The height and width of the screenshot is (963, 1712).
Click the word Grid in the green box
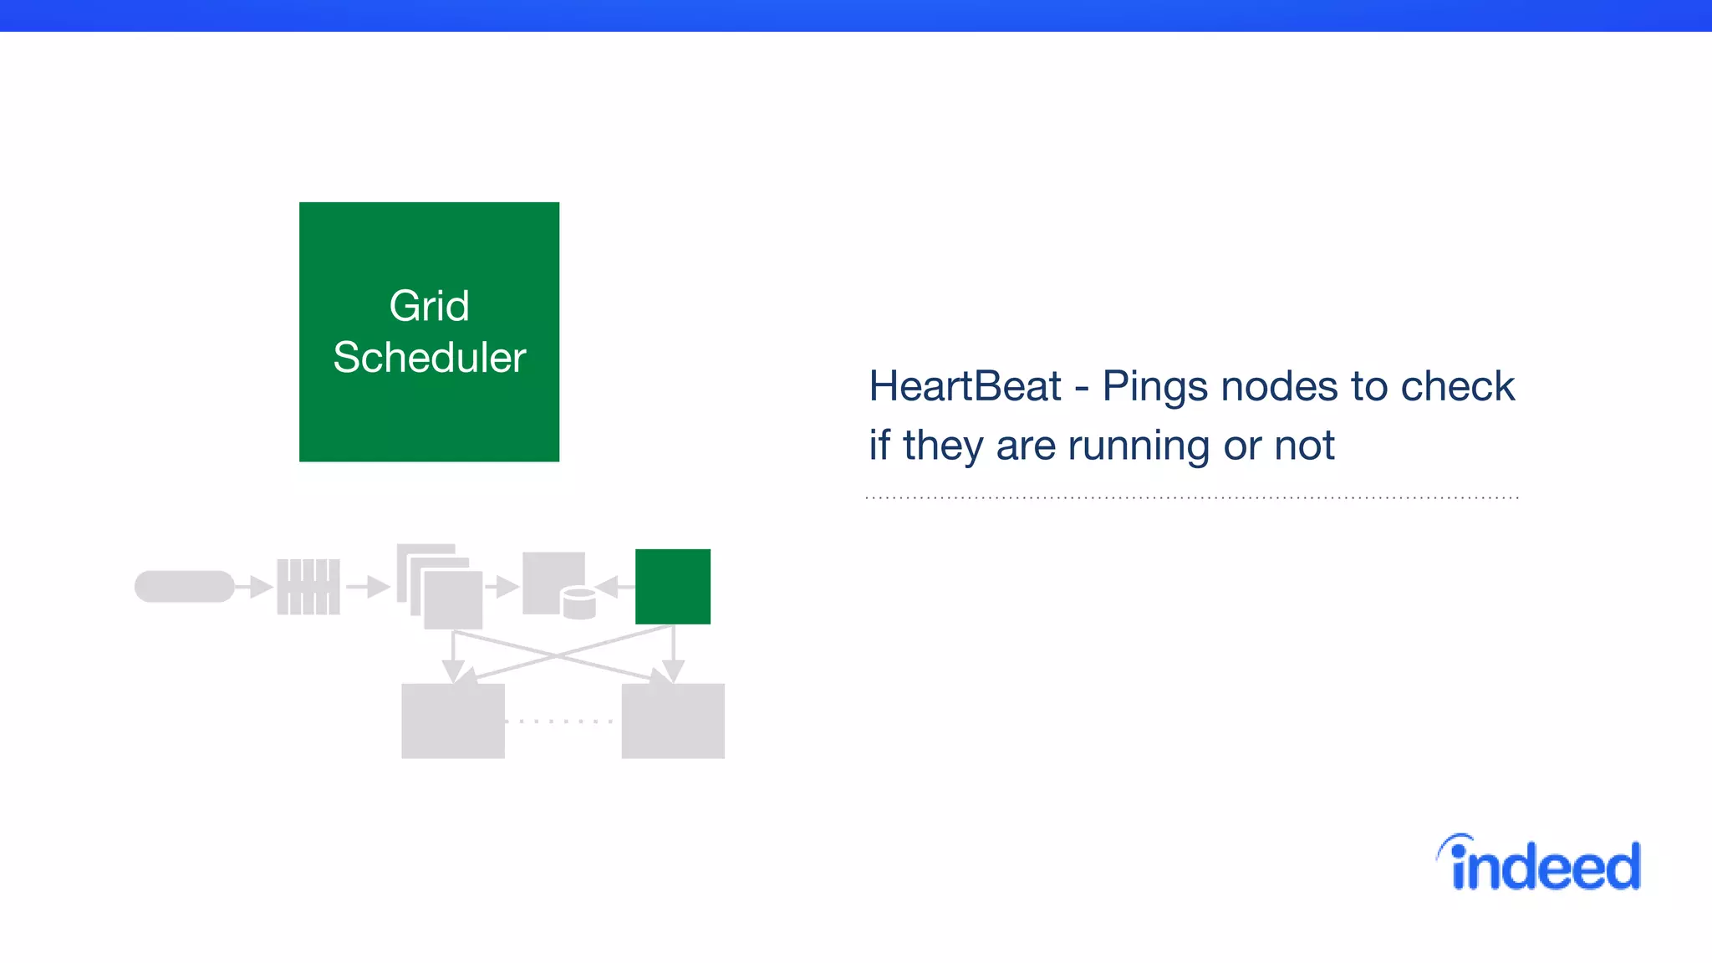point(429,306)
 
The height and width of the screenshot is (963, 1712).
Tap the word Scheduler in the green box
point(429,358)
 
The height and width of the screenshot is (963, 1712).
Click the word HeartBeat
point(965,386)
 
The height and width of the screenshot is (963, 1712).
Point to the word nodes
point(1279,387)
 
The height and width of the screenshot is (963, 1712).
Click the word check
point(1457,386)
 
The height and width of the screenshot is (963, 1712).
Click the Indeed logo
point(1540,864)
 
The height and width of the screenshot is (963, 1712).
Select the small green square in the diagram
point(673,587)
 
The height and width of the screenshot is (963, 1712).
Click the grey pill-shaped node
point(185,587)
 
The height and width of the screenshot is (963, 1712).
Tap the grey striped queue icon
point(308,587)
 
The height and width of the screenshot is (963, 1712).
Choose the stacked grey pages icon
point(441,587)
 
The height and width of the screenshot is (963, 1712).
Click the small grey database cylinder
point(578,604)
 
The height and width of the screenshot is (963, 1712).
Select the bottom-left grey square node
point(453,721)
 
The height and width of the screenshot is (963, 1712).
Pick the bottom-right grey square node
point(673,721)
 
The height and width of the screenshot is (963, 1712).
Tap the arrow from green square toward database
point(614,587)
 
